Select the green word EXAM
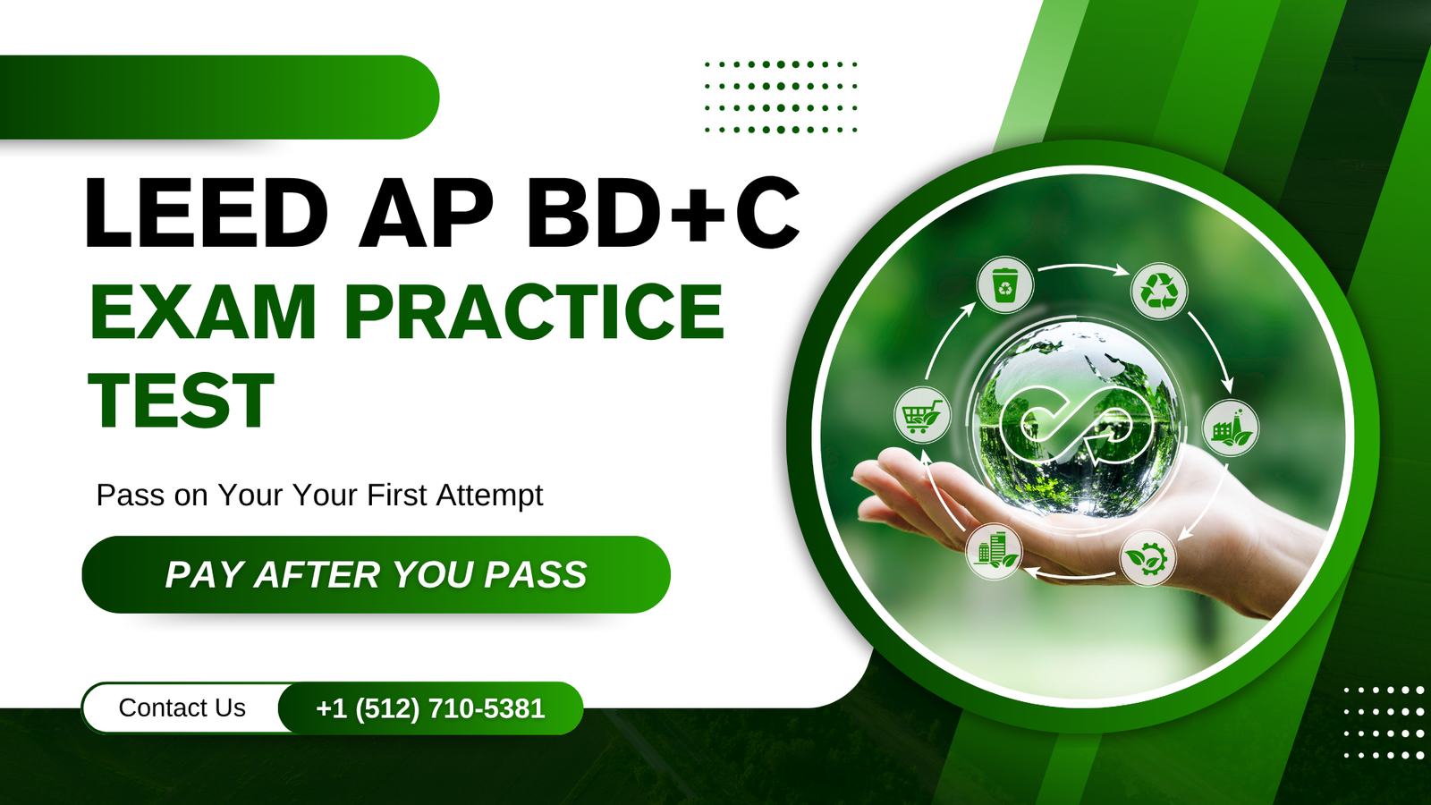click(203, 311)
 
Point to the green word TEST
click(182, 401)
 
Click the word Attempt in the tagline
click(489, 496)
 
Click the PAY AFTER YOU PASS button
click(377, 574)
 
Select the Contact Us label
click(182, 708)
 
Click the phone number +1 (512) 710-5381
click(430, 708)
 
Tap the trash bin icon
click(1005, 285)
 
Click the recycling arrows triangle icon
click(1159, 292)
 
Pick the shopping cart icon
click(922, 415)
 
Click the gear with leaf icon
click(1148, 558)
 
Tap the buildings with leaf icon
click(994, 551)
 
